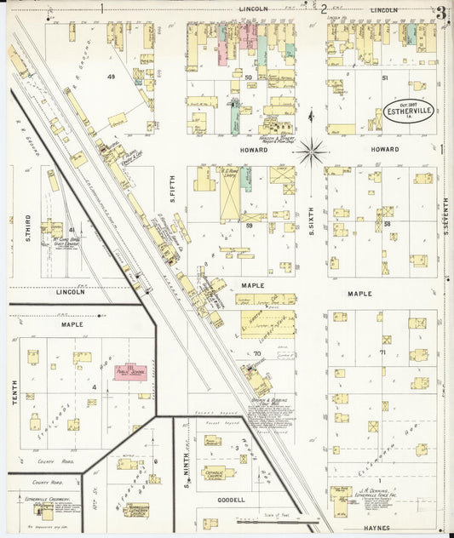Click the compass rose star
[x=312, y=152]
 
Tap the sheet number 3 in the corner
[x=440, y=12]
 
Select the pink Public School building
[x=131, y=373]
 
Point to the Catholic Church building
[x=218, y=473]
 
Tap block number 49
[x=110, y=77]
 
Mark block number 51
[x=385, y=77]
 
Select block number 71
[x=382, y=352]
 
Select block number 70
[x=255, y=352]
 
